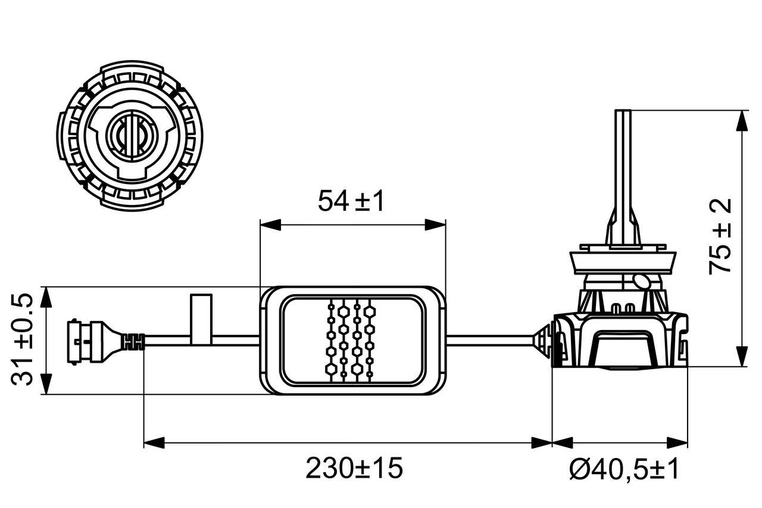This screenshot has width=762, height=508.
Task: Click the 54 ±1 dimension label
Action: pos(351,201)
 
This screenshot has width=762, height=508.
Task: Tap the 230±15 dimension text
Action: pos(354,469)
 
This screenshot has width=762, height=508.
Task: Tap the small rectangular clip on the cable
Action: pos(201,319)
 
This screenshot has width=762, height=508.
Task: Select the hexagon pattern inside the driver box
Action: pos(352,340)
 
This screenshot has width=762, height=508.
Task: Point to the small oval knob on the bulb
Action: pos(642,281)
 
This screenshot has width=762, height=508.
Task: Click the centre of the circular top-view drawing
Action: pos(130,137)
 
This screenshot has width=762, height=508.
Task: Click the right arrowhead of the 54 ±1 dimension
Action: pos(435,225)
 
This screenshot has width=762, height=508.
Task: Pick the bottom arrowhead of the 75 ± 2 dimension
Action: pos(742,356)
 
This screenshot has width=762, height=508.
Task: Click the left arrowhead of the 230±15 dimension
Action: pos(154,442)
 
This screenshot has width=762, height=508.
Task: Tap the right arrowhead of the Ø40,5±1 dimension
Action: pos(677,442)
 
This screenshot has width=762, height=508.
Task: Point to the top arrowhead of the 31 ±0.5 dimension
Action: pos(46,297)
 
